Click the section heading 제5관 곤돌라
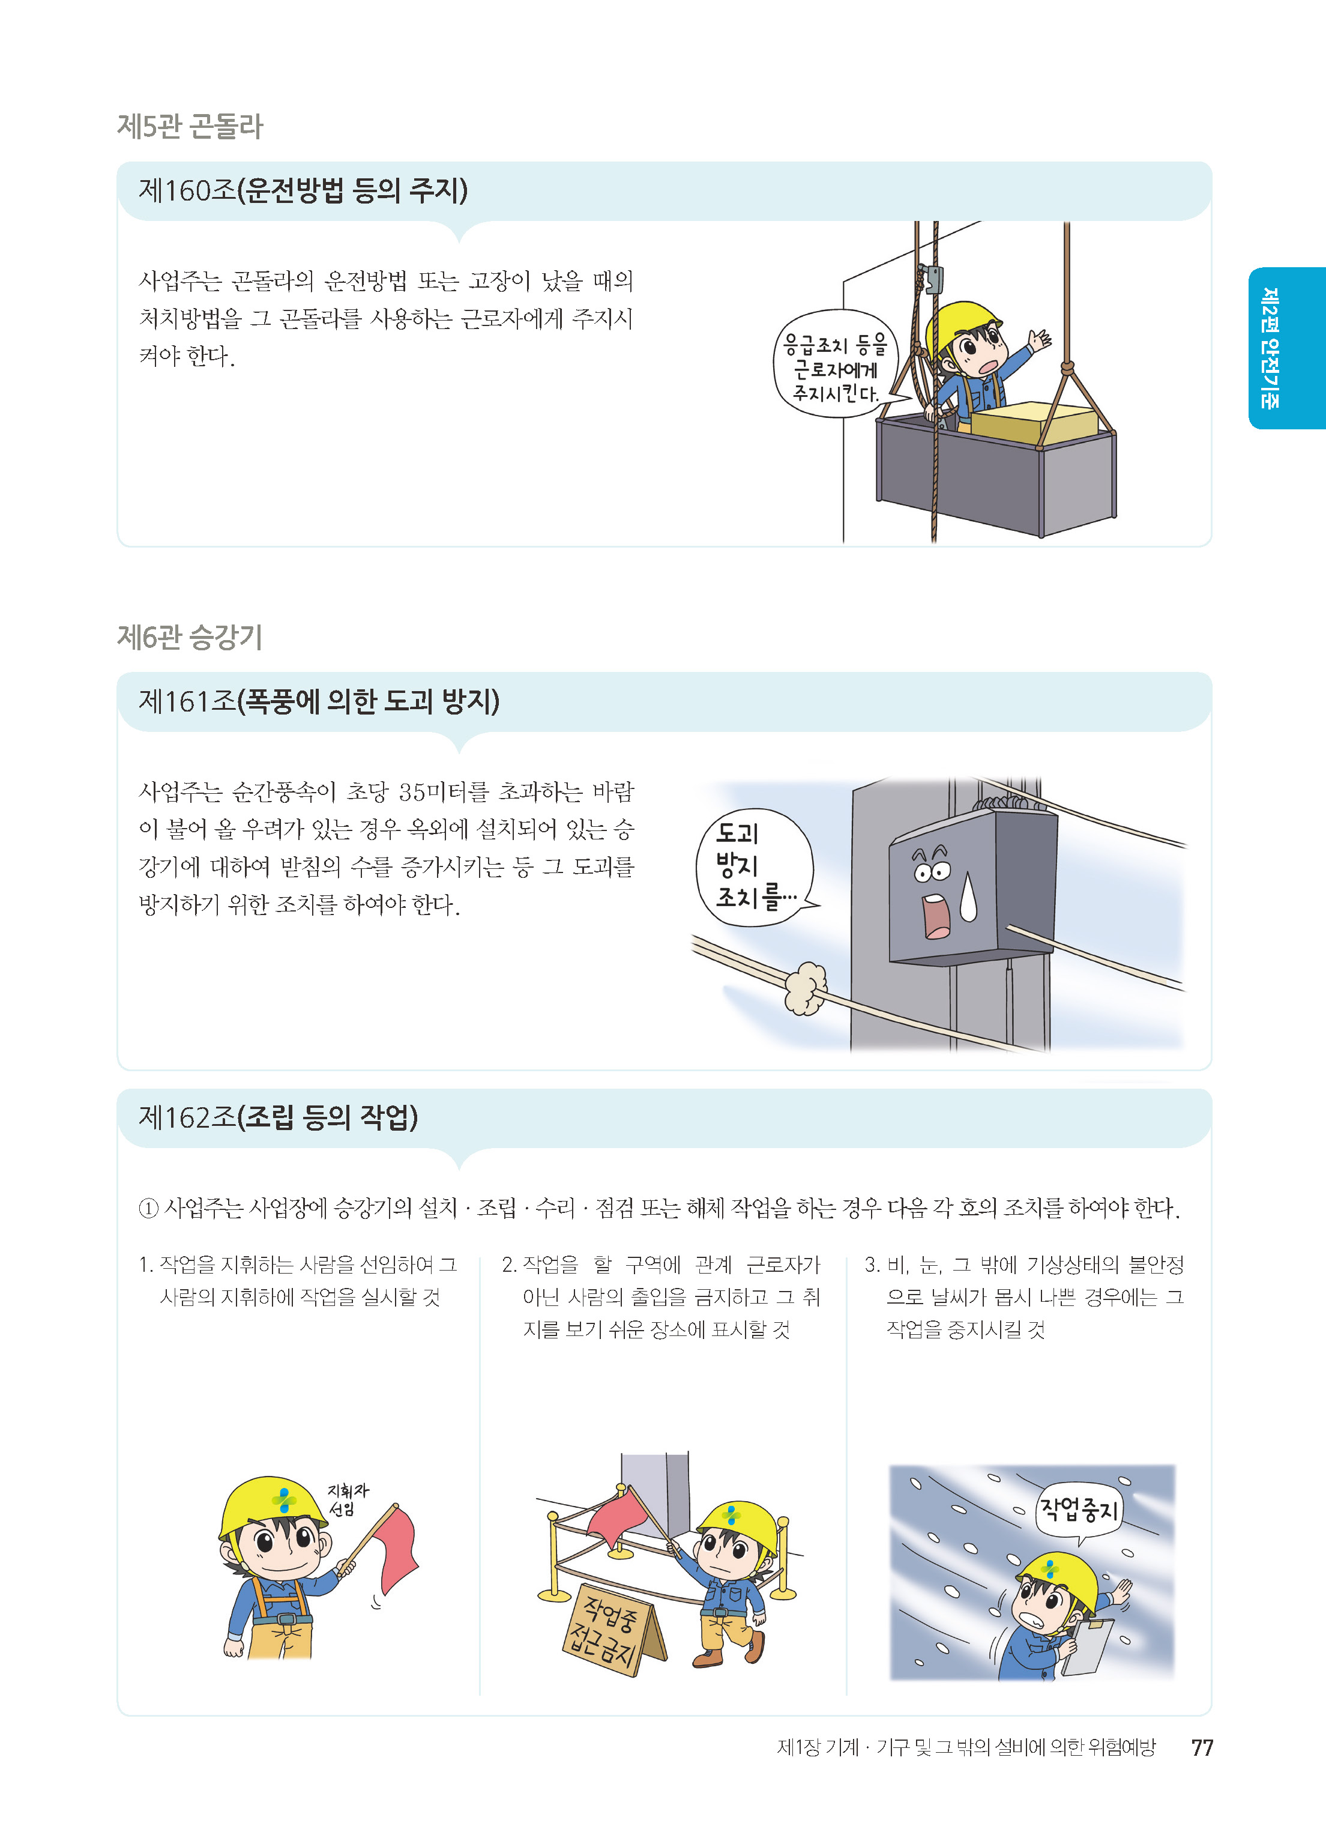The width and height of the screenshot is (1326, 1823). point(190,126)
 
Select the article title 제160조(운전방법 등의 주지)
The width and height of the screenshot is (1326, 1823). point(303,190)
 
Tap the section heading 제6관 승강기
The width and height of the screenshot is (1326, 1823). point(190,638)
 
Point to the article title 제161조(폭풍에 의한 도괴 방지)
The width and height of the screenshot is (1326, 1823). point(319,701)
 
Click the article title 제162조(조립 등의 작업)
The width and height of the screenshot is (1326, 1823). point(278,1116)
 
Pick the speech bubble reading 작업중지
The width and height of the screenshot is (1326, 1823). point(1079,1510)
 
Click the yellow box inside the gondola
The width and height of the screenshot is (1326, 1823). point(1034,423)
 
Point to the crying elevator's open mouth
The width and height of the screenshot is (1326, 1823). point(937,918)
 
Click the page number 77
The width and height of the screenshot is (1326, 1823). point(1202,1747)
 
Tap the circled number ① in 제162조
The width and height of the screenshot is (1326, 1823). point(149,1208)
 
